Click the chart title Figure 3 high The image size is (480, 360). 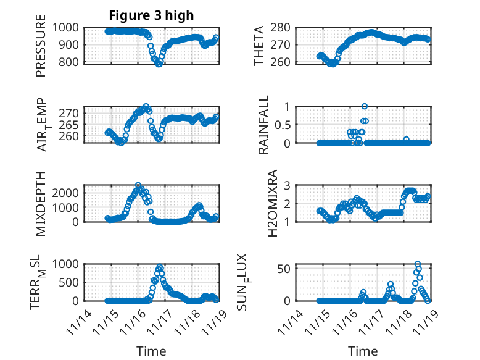[x=151, y=15]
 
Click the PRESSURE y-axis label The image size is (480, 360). [x=41, y=51]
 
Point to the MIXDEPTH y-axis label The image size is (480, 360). [x=41, y=203]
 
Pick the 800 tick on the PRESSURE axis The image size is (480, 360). [x=70, y=62]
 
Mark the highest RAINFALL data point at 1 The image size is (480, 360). [x=365, y=107]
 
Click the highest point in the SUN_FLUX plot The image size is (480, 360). [x=418, y=264]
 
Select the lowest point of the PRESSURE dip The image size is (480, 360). [x=159, y=64]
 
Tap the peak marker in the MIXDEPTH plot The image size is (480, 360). [x=138, y=185]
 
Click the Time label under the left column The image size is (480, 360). [x=151, y=351]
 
